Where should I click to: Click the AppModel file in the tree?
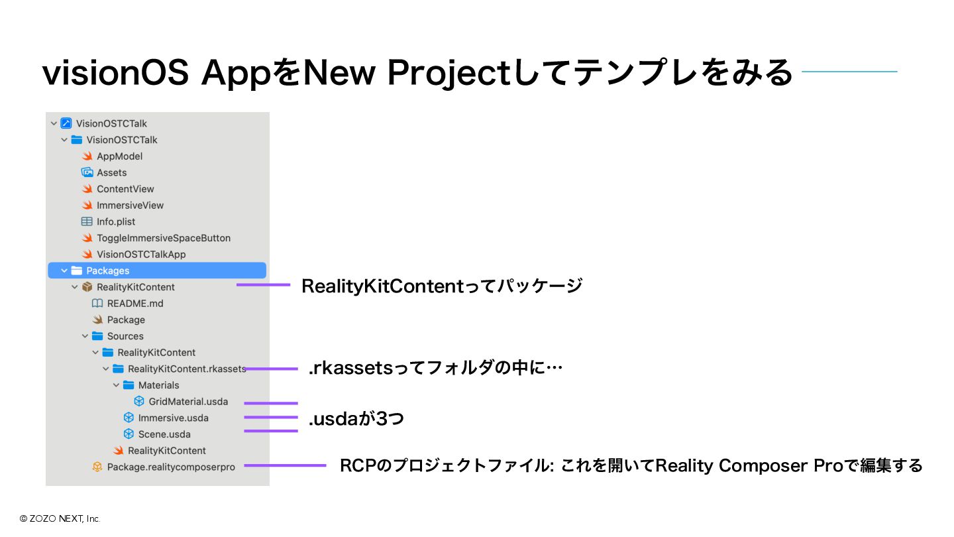(x=119, y=156)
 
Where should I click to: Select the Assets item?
(x=111, y=172)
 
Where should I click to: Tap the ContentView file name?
(x=125, y=189)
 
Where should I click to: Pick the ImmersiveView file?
(x=130, y=206)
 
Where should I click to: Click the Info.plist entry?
(x=116, y=221)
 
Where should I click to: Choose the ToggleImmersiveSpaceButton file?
(x=164, y=238)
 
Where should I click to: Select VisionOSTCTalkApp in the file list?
(x=141, y=255)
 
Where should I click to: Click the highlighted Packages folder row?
(x=157, y=270)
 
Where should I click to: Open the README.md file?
(x=135, y=304)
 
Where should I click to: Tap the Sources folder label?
(x=125, y=336)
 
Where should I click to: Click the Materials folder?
(x=158, y=385)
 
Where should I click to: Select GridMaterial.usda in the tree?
(x=188, y=402)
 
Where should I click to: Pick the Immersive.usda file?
(x=173, y=418)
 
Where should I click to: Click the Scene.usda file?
(x=164, y=434)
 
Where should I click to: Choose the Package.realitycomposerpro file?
(x=171, y=467)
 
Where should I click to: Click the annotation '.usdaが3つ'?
(x=356, y=419)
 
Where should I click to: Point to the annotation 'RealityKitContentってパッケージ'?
(x=442, y=286)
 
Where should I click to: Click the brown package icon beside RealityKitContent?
(x=87, y=287)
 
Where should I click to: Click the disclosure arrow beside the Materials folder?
(x=117, y=385)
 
